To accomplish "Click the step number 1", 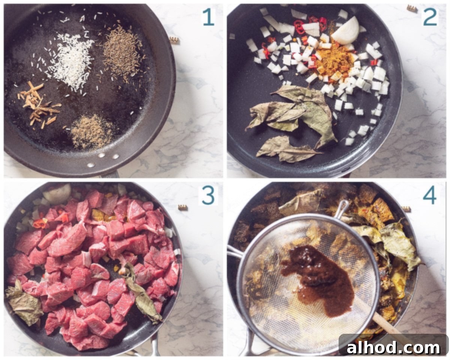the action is point(208,17).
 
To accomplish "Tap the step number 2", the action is point(430,17).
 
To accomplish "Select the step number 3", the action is point(208,195).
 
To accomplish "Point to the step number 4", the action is point(429,195).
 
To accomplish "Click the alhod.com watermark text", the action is point(393,348).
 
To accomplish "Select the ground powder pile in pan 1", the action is point(92,131).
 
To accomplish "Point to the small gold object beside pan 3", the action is point(183,207).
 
